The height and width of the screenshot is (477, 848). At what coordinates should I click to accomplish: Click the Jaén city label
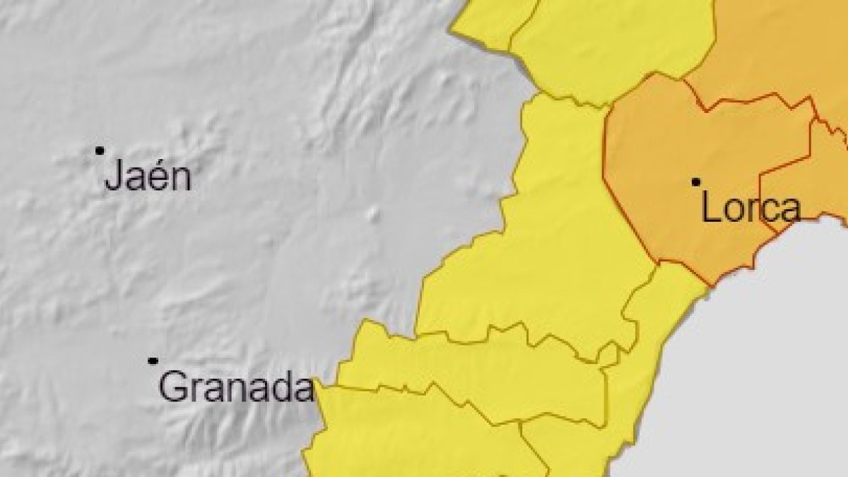148,177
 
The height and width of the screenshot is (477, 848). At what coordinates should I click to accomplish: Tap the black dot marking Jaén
100,151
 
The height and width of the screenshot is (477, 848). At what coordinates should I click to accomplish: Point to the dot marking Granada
153,360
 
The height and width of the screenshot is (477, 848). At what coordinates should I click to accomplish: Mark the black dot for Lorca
696,182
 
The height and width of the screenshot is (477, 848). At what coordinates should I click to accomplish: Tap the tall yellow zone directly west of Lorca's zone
565,233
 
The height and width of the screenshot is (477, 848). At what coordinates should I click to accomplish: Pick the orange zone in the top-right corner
770,49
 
